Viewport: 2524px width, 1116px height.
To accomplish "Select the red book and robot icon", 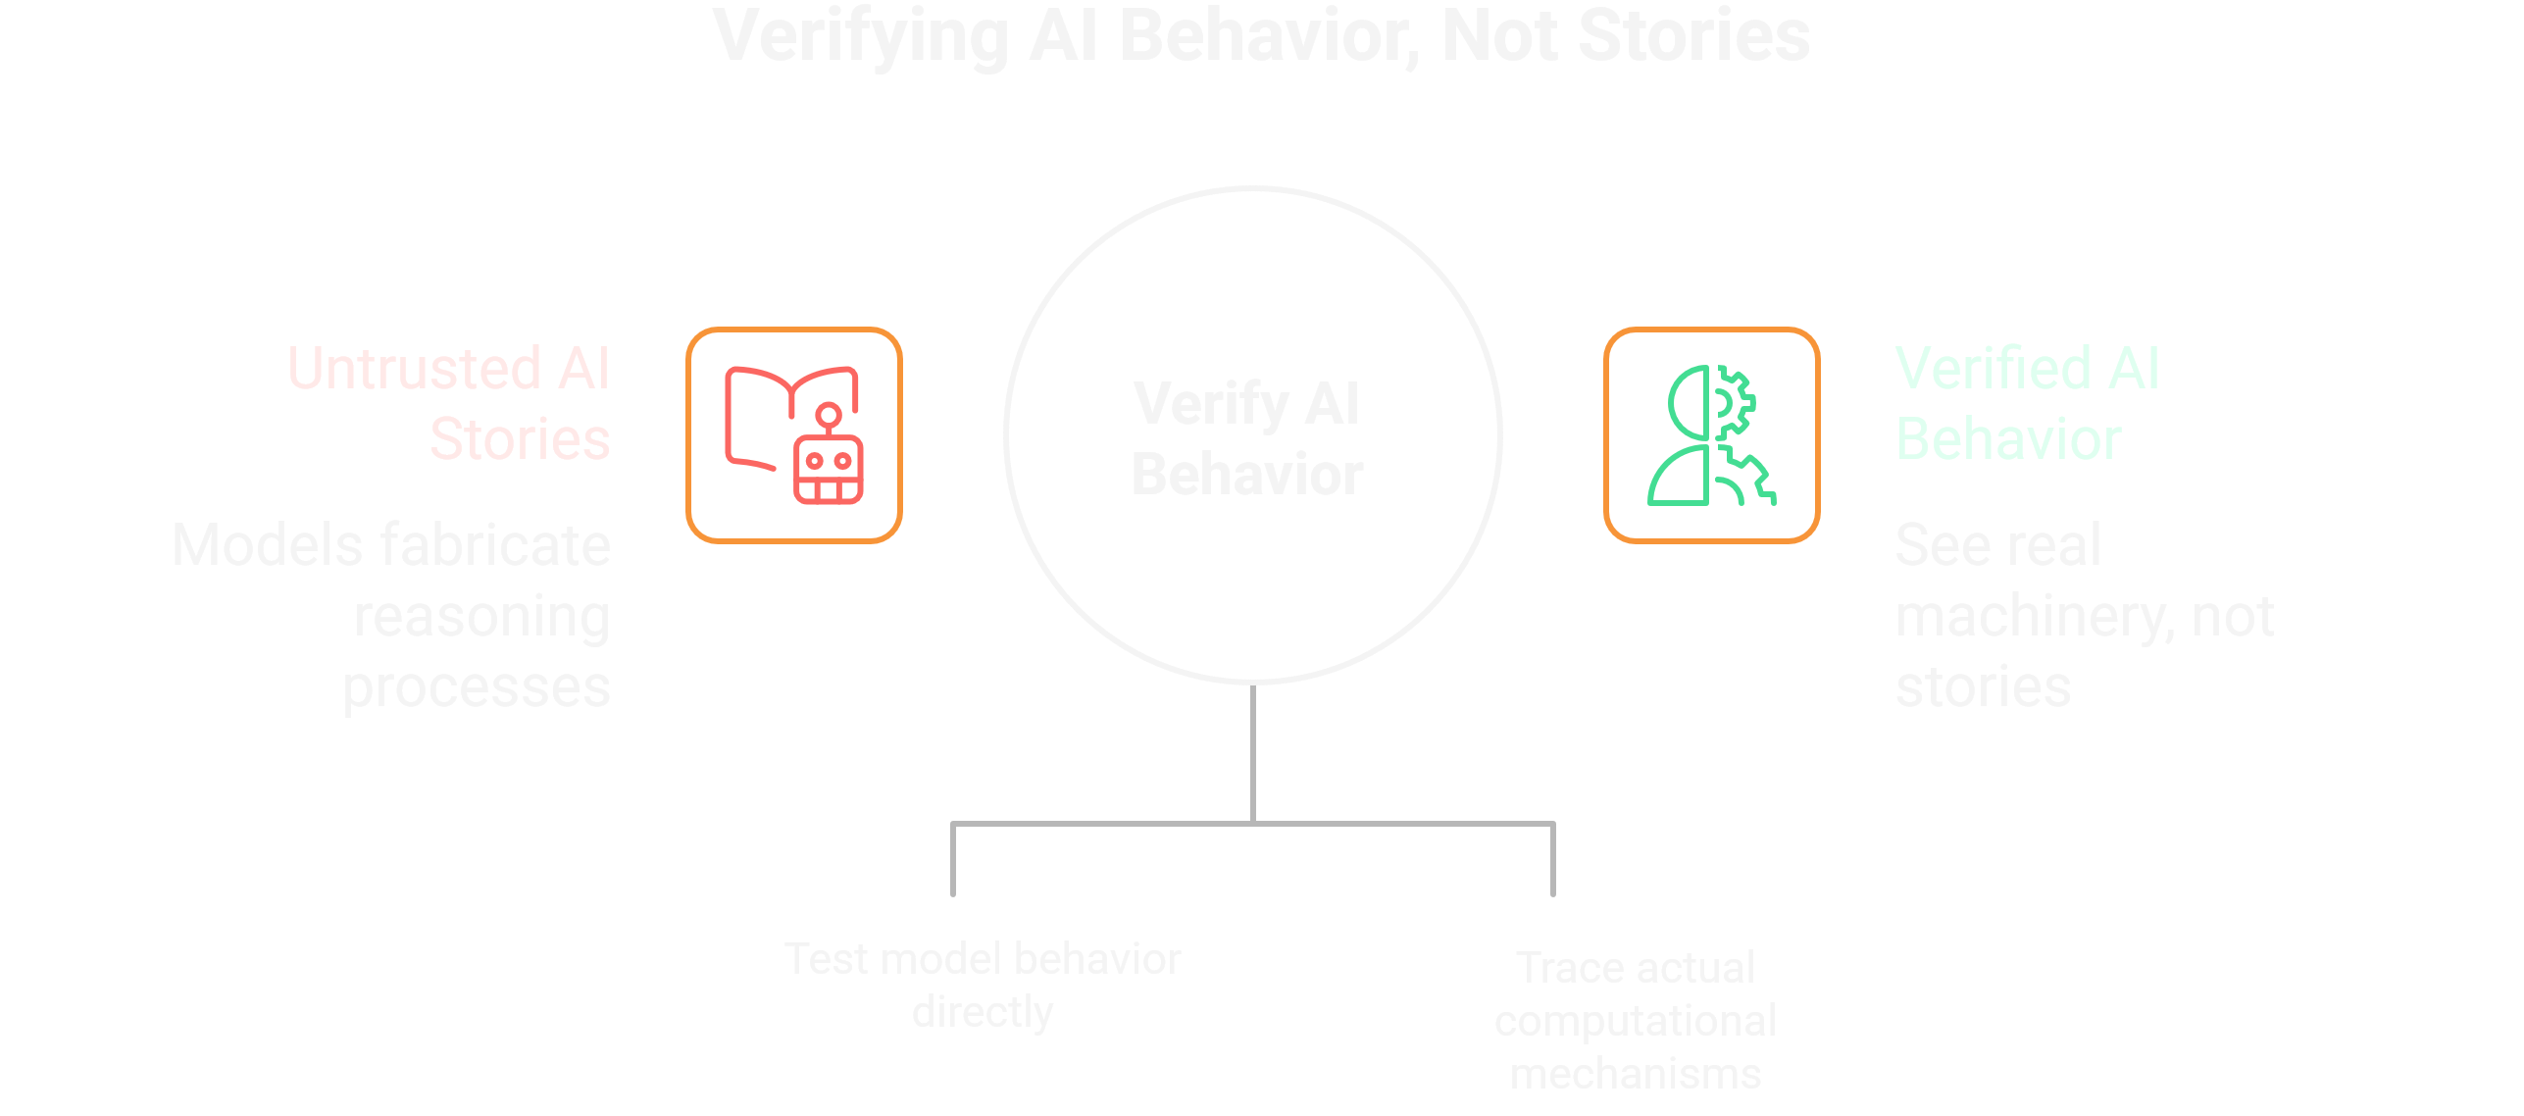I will (x=794, y=435).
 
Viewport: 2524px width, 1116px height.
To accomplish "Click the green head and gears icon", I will (x=1712, y=435).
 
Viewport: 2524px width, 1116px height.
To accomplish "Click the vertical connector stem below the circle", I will (x=1253, y=753).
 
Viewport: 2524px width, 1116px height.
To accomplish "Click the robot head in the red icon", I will (x=829, y=470).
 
